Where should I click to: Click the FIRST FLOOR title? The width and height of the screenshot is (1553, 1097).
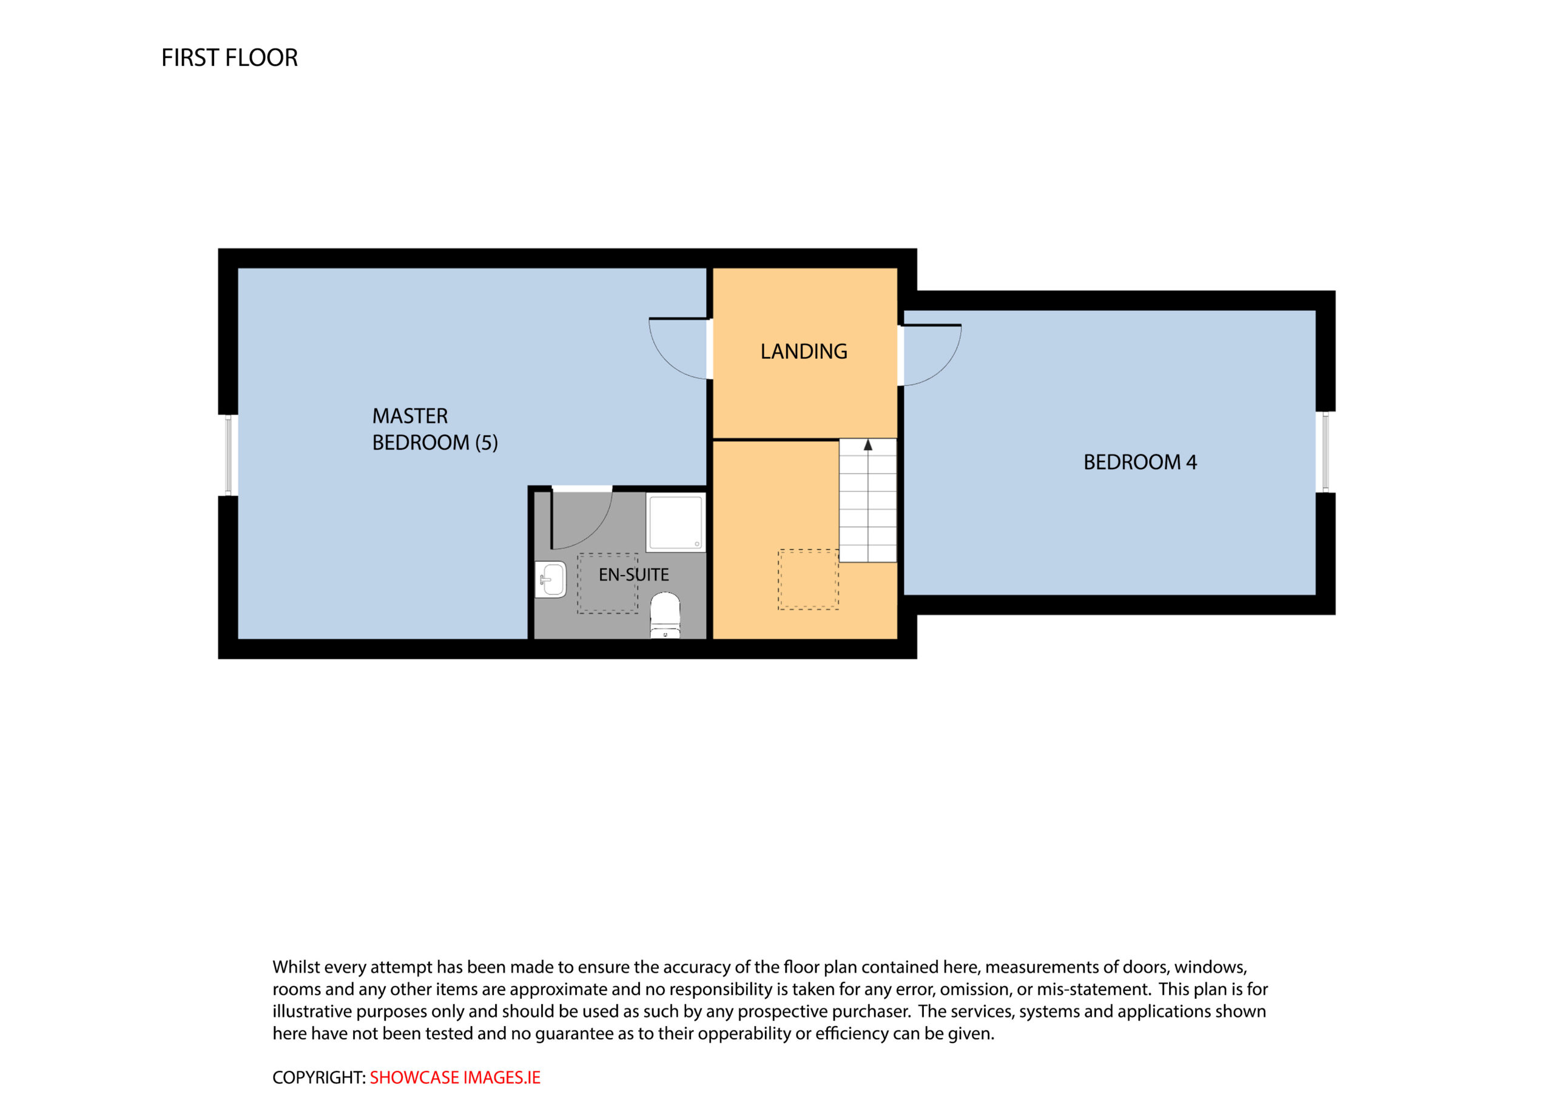pyautogui.click(x=229, y=58)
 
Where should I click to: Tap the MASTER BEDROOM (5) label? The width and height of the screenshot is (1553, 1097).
pyautogui.click(x=435, y=429)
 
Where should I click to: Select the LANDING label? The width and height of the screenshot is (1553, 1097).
pyautogui.click(x=804, y=352)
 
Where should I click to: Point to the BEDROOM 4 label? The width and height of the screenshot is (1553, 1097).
pyautogui.click(x=1140, y=462)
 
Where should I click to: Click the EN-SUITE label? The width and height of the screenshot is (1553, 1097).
pyautogui.click(x=634, y=575)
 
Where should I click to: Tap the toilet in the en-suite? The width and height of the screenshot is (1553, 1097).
pyautogui.click(x=665, y=615)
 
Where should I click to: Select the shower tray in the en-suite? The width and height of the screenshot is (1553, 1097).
pyautogui.click(x=676, y=522)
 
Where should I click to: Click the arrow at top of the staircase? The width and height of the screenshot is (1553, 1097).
pyautogui.click(x=868, y=445)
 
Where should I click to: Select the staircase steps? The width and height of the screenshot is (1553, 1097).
pyautogui.click(x=868, y=500)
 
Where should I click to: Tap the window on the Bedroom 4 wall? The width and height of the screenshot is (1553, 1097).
pyautogui.click(x=1325, y=452)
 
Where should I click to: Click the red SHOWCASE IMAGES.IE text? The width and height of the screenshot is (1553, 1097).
pyautogui.click(x=455, y=1078)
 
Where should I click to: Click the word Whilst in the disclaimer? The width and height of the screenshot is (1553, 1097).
pyautogui.click(x=296, y=967)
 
